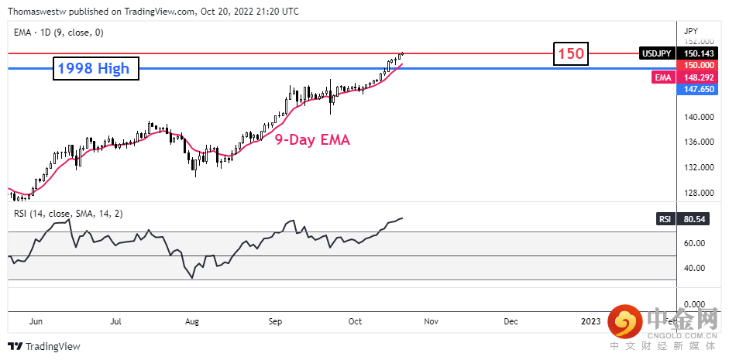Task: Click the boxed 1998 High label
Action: (x=96, y=69)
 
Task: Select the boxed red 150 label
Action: (x=571, y=54)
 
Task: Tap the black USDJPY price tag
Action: (x=655, y=53)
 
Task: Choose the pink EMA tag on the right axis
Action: (x=662, y=78)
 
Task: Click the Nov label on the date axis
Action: (x=431, y=321)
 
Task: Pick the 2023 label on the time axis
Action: (x=591, y=321)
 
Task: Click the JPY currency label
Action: (x=692, y=29)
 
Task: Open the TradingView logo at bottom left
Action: (x=45, y=346)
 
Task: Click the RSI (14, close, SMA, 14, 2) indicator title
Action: (x=69, y=213)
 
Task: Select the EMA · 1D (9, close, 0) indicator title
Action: (x=60, y=33)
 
